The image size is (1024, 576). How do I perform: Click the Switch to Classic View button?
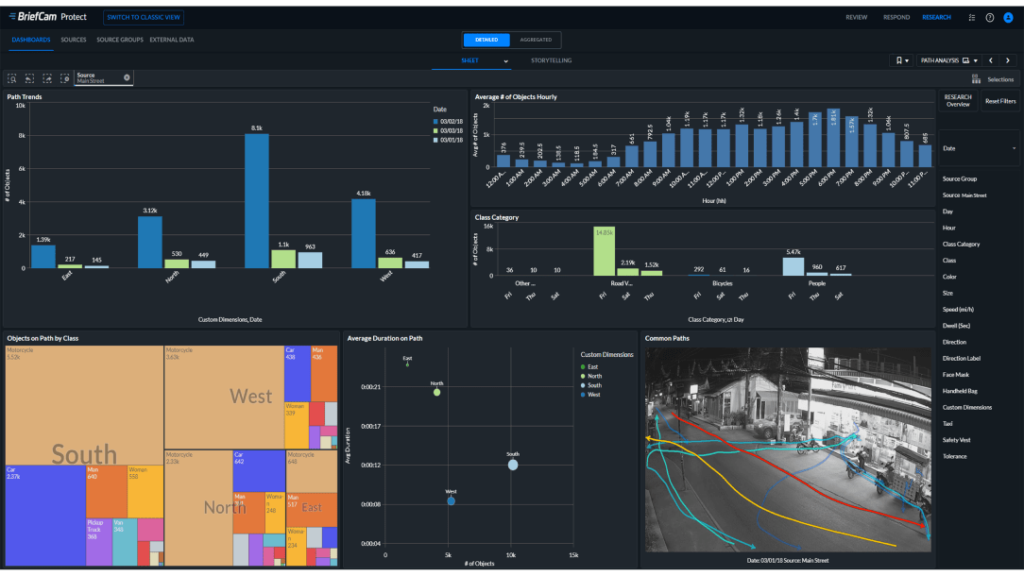(x=145, y=17)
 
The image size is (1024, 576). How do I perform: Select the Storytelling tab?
(x=551, y=60)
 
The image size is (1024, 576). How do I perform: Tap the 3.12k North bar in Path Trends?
(x=150, y=243)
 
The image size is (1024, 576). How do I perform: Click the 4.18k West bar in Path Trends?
(x=364, y=233)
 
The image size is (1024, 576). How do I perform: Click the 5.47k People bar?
(x=794, y=266)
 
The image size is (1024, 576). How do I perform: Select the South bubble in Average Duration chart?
(x=512, y=465)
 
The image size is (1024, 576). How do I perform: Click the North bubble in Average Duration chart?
(x=436, y=392)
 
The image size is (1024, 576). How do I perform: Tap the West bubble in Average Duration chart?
(x=451, y=500)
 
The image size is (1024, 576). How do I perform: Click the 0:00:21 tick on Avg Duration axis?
(x=370, y=387)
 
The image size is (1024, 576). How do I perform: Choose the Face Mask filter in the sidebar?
(x=957, y=375)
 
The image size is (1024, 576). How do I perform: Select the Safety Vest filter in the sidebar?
(x=957, y=440)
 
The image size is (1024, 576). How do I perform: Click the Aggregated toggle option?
(x=536, y=40)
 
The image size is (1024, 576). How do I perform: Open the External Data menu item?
(x=171, y=40)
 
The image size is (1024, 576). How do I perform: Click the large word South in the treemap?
(x=84, y=455)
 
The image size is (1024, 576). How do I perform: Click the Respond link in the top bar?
(x=896, y=17)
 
